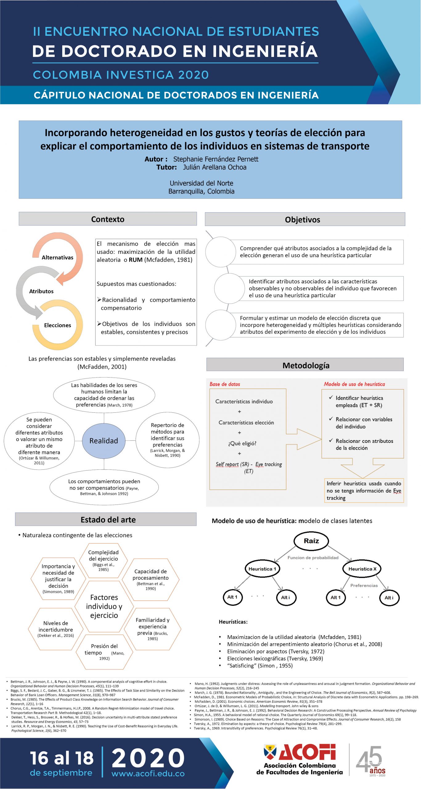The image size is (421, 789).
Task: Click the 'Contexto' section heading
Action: click(108, 219)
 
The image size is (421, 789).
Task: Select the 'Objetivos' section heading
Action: click(302, 219)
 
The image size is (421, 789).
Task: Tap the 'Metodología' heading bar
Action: click(306, 365)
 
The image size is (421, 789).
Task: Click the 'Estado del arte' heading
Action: click(108, 520)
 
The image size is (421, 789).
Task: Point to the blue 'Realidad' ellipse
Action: click(104, 441)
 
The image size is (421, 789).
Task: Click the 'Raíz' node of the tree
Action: click(311, 541)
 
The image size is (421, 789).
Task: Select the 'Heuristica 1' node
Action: click(262, 569)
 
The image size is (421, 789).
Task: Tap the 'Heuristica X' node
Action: click(362, 569)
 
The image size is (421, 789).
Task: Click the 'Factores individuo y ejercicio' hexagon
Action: click(104, 606)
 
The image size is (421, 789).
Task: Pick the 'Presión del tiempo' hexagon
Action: click(104, 652)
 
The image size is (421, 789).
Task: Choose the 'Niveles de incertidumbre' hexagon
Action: click(56, 629)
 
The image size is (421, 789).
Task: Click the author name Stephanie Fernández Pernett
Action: click(216, 159)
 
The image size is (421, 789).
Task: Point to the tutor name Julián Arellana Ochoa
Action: click(215, 167)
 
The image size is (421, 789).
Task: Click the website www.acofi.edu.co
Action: click(148, 774)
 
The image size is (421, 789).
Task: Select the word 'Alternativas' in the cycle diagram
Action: click(58, 258)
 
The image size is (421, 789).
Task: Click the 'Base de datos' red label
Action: click(225, 384)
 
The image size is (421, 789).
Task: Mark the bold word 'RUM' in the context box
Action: click(136, 260)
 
